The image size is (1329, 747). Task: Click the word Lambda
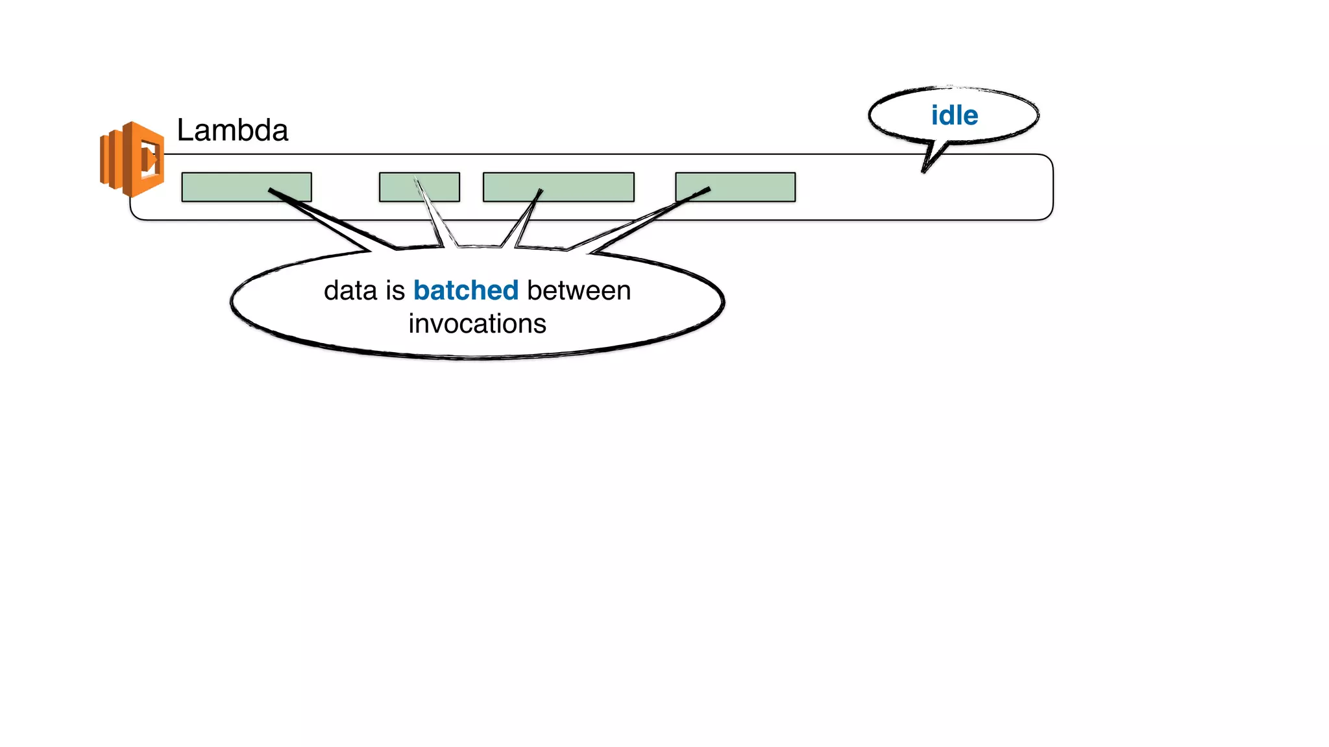coord(232,130)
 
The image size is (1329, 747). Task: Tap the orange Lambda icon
coord(132,159)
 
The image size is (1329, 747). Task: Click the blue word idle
coord(954,115)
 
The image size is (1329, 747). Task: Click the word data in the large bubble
coord(350,290)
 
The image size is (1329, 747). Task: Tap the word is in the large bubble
coord(395,290)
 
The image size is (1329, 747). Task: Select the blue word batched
coord(466,290)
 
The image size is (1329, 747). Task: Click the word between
coord(579,290)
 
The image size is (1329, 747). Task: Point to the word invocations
coord(477,324)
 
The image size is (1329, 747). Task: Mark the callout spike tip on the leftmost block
coord(271,190)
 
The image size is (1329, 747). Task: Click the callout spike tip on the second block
coord(416,180)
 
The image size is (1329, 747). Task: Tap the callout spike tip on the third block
coord(540,191)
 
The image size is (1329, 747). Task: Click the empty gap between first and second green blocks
coord(345,187)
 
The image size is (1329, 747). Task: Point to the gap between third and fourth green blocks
coord(655,187)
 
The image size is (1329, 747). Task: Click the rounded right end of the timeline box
coord(1051,187)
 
